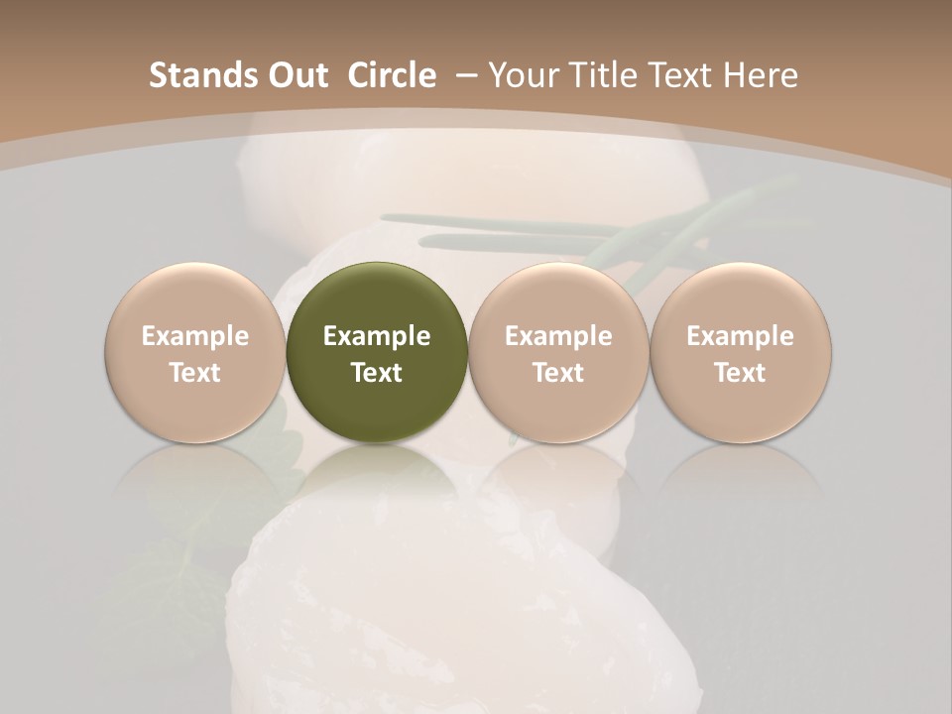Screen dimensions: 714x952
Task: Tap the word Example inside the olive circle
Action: [x=377, y=336]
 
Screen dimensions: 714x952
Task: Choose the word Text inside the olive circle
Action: [x=377, y=373]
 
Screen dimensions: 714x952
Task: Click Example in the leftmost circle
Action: [x=195, y=336]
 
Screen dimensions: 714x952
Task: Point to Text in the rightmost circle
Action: [x=741, y=373]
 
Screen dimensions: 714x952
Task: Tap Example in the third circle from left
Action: [x=558, y=336]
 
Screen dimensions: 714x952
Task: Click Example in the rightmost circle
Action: [x=741, y=336]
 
